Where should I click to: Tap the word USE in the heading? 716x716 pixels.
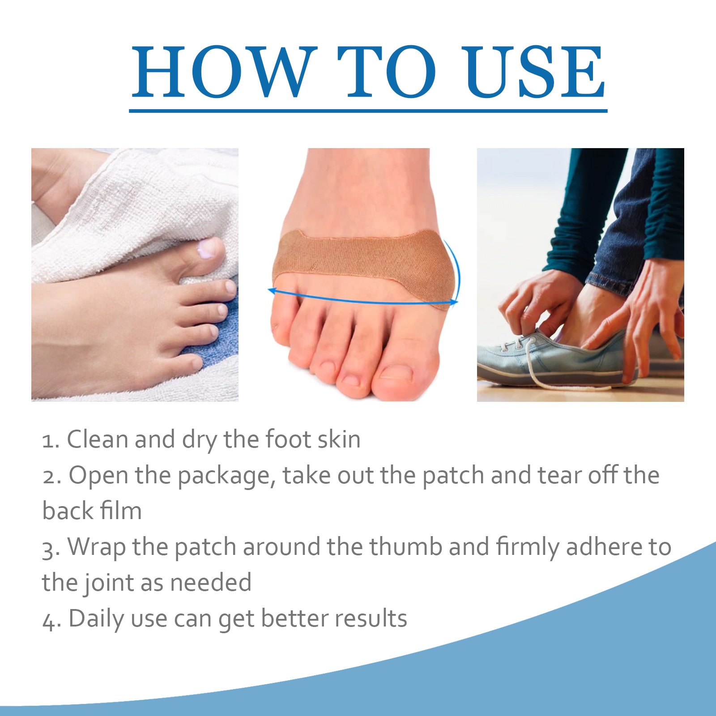pos(533,72)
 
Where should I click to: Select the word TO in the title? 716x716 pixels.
pos(387,72)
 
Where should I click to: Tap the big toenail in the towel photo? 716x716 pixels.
pos(207,248)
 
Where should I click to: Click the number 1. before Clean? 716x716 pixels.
pos(51,440)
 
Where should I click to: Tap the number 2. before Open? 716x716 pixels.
pos(52,476)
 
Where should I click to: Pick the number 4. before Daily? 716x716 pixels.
pos(52,620)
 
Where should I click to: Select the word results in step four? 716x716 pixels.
pos(371,618)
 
